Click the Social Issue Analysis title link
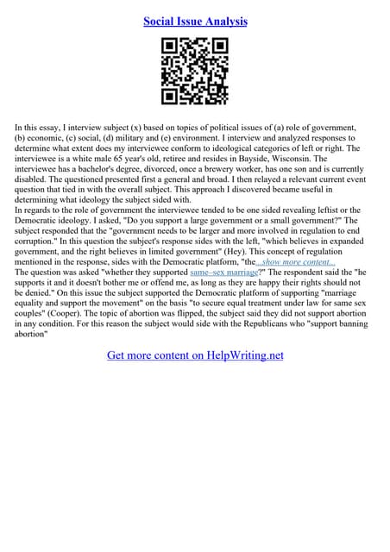195,21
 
